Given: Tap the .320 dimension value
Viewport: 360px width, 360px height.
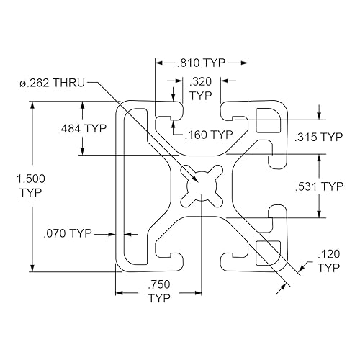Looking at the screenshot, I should [x=201, y=82].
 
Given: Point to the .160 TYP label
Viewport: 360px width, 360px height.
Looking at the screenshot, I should [x=209, y=134].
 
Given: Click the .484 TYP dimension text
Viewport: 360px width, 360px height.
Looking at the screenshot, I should [x=82, y=128].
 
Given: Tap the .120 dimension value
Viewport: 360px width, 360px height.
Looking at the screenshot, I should [x=328, y=253].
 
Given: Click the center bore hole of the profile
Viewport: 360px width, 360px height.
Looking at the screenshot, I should [x=200, y=184].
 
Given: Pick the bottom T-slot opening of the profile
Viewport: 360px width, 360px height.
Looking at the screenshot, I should [x=201, y=258].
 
